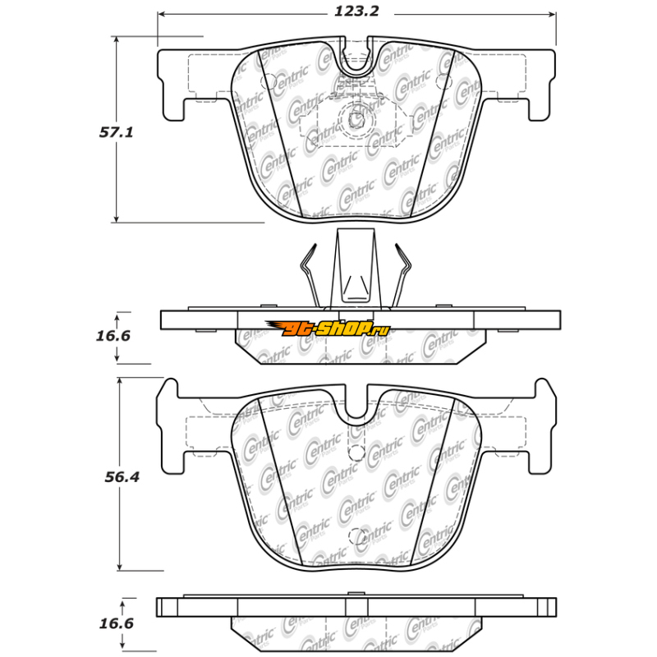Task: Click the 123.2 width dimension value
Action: coord(356,11)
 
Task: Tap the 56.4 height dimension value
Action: coord(122,477)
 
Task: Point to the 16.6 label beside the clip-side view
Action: coord(113,336)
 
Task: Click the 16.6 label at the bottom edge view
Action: coord(116,623)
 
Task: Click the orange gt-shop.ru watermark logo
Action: coord(327,328)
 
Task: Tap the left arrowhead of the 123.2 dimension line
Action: coord(161,15)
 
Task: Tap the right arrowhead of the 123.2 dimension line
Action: coord(552,15)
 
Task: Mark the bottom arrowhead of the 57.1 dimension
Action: coord(117,218)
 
